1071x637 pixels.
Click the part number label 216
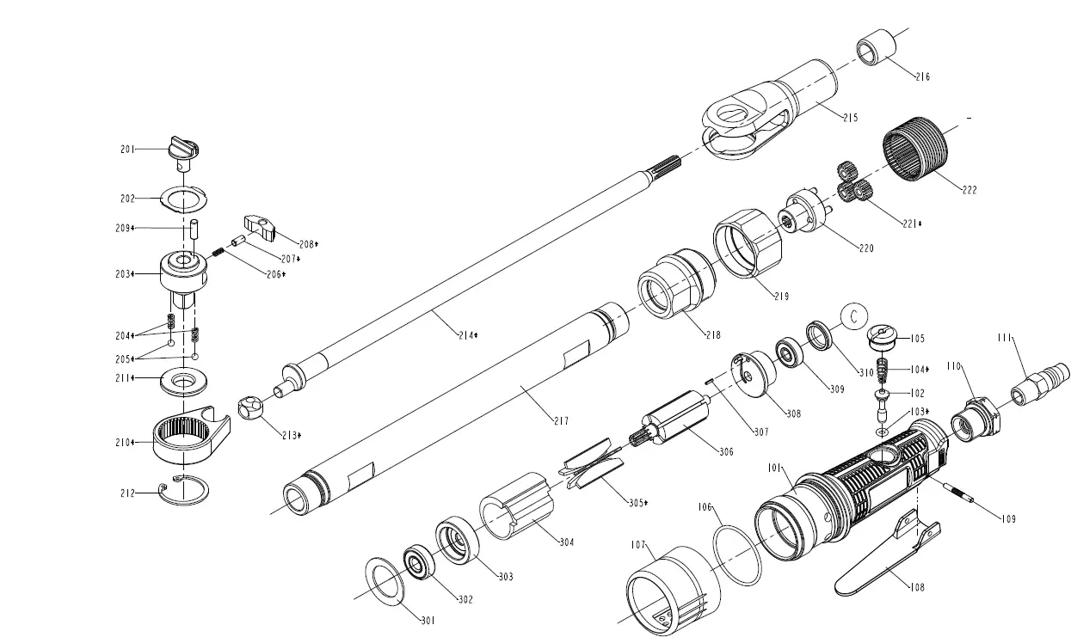(x=921, y=77)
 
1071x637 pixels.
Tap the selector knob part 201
(x=184, y=148)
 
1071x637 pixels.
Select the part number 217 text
(x=561, y=420)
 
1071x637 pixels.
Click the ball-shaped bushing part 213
(x=250, y=407)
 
